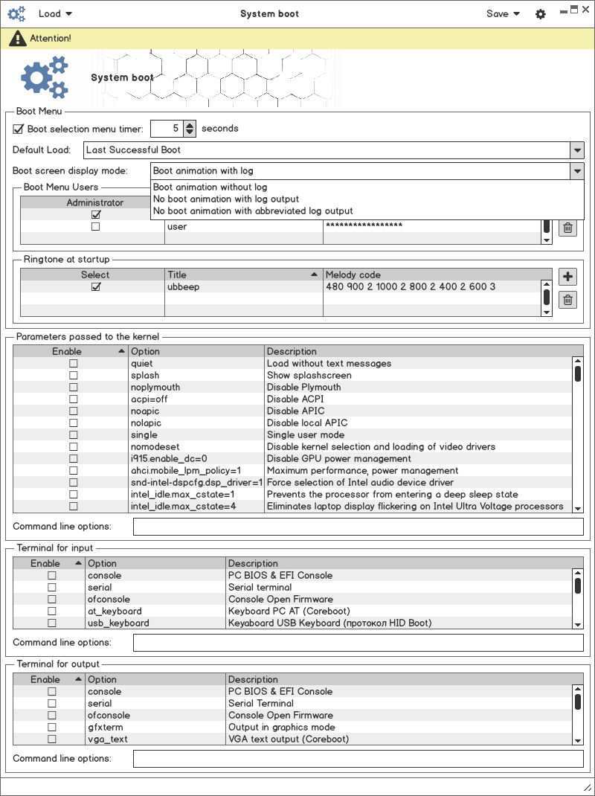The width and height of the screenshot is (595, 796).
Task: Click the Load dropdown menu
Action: click(55, 13)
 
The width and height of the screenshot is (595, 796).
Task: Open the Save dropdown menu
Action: click(503, 13)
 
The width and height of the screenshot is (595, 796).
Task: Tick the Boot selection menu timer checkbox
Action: click(19, 129)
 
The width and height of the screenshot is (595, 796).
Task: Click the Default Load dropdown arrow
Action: click(577, 150)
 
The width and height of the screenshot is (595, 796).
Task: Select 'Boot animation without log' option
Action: click(210, 187)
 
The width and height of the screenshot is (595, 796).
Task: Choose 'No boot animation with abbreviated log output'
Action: click(253, 211)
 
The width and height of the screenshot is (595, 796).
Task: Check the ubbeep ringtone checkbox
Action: click(95, 287)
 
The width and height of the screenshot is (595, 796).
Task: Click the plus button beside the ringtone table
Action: click(567, 277)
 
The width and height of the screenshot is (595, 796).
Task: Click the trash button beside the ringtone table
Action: click(567, 300)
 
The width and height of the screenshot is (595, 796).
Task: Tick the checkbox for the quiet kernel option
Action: click(73, 364)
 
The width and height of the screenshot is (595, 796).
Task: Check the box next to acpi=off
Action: click(73, 399)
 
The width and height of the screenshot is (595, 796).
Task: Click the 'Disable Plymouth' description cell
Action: click(303, 388)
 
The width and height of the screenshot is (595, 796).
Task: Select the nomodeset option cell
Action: click(155, 447)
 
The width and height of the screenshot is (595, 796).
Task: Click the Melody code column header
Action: click(353, 275)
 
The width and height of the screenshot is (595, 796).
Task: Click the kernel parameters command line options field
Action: click(358, 527)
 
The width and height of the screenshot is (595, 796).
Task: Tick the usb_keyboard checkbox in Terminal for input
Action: click(52, 623)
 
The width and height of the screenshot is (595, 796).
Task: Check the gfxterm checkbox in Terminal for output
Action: click(52, 728)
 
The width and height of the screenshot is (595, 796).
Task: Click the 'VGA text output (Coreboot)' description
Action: click(288, 739)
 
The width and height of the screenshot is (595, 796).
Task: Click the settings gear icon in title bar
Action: click(541, 14)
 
